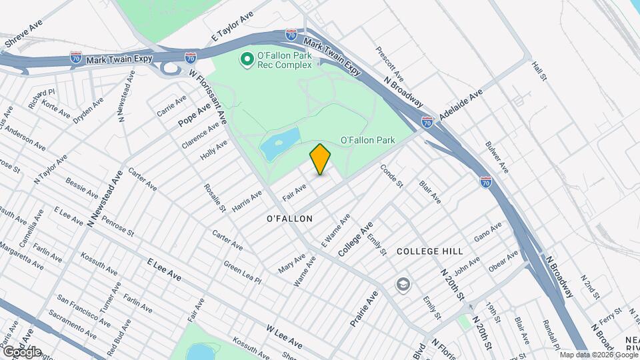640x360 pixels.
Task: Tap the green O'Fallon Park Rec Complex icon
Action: coord(247,60)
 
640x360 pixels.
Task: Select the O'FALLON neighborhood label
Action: coord(289,219)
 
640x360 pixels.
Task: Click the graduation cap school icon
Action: coord(403,285)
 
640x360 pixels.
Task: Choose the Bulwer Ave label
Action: coord(497,157)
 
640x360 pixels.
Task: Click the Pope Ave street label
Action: coord(194,115)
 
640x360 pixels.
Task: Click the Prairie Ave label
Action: coord(364,309)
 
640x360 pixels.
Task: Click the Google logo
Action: coord(22,351)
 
